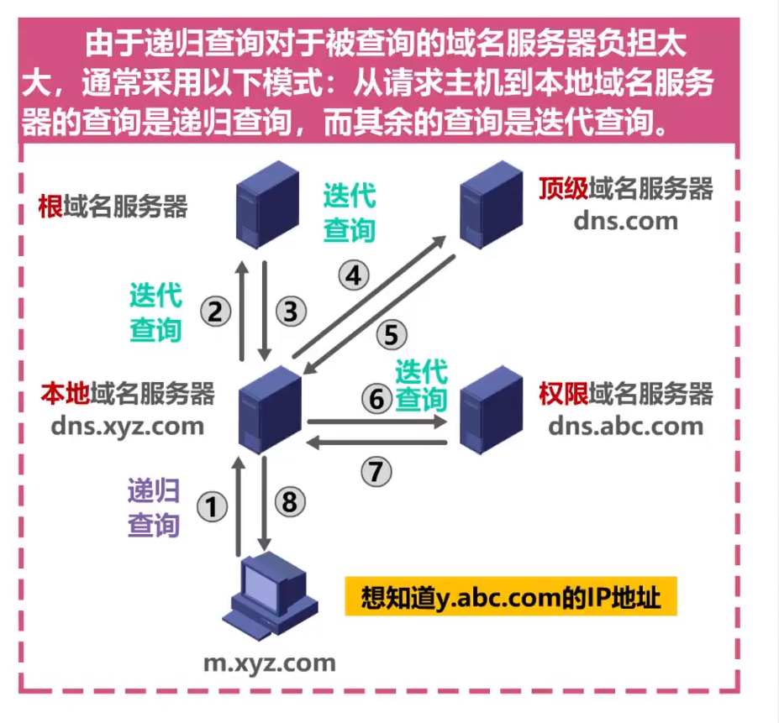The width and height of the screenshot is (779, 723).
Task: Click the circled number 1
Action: (212, 506)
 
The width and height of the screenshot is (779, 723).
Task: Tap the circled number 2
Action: (215, 312)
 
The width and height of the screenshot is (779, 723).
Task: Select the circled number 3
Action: (291, 312)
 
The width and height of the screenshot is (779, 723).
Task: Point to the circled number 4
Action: (354, 275)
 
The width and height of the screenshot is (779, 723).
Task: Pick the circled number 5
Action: (391, 335)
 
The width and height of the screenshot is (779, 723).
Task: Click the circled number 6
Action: (377, 398)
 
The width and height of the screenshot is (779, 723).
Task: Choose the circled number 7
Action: (377, 472)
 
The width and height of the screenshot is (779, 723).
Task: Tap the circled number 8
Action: (290, 502)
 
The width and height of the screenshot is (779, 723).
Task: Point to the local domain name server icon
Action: (270, 409)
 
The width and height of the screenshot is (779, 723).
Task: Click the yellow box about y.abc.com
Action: (510, 600)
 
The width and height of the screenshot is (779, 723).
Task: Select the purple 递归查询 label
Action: (154, 508)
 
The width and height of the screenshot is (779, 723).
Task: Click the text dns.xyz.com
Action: (126, 426)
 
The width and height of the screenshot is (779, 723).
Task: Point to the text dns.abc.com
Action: (625, 426)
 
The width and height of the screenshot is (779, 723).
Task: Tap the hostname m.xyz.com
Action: (270, 663)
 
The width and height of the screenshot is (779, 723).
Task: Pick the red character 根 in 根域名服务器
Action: (50, 206)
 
